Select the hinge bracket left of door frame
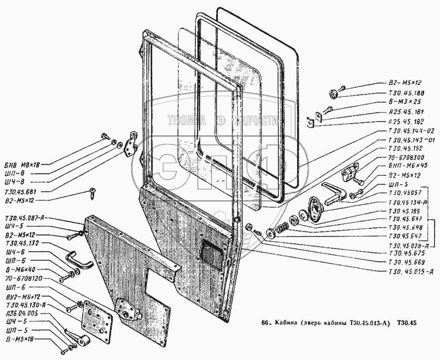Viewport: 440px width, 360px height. [x=132, y=143]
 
